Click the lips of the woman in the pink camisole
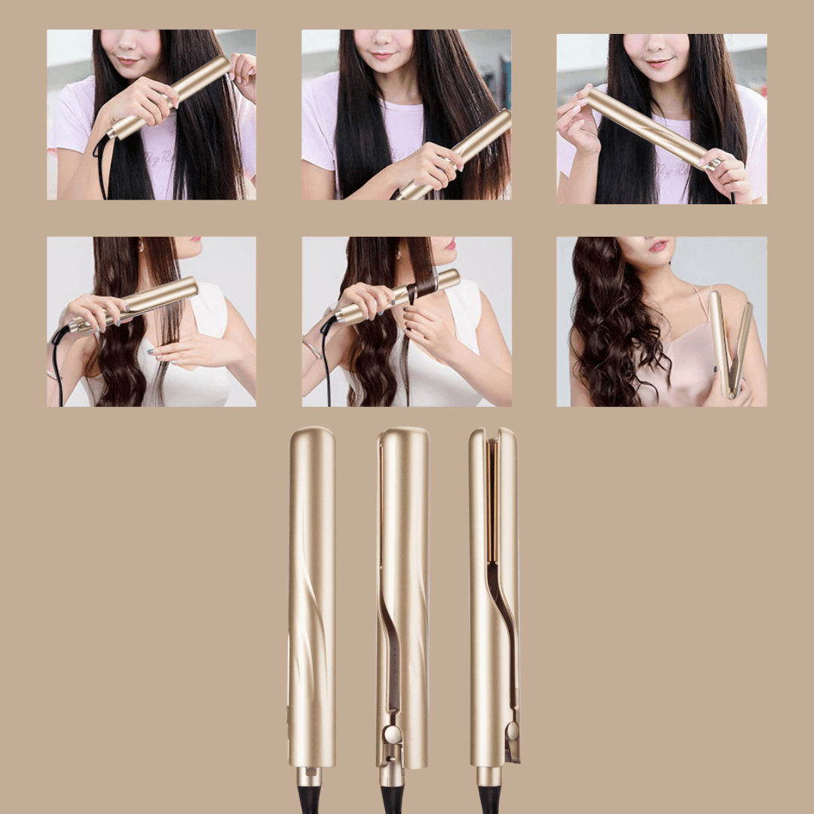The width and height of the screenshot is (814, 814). [659, 246]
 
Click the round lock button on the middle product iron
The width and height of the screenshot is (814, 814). [392, 735]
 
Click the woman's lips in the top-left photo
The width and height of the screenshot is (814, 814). [130, 60]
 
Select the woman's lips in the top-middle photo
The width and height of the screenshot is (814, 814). [383, 56]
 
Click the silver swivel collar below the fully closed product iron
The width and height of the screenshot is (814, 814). [309, 777]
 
